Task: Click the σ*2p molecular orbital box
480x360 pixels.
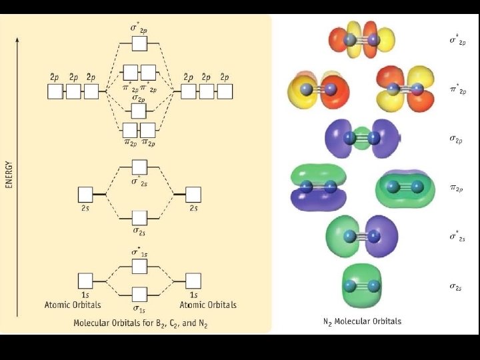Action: (139, 44)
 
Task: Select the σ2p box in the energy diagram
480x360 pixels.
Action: (139, 110)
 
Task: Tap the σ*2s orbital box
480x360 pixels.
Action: (139, 167)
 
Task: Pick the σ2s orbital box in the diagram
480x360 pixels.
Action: (139, 217)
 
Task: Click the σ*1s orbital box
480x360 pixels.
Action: (139, 266)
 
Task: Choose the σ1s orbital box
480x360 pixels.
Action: (139, 294)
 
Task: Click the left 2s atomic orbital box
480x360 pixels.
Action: (85, 195)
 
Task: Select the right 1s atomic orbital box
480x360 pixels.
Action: (193, 281)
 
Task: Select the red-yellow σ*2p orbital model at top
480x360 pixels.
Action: (362, 40)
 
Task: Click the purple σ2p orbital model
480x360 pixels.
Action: (361, 139)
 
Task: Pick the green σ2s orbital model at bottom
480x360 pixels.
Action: (361, 286)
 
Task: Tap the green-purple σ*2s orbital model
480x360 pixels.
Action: (361, 237)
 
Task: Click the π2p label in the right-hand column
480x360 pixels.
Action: (457, 189)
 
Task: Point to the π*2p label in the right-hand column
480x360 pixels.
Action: (457, 89)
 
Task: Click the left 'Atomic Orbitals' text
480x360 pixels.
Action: (73, 305)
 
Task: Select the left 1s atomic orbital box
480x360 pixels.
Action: (85, 281)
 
